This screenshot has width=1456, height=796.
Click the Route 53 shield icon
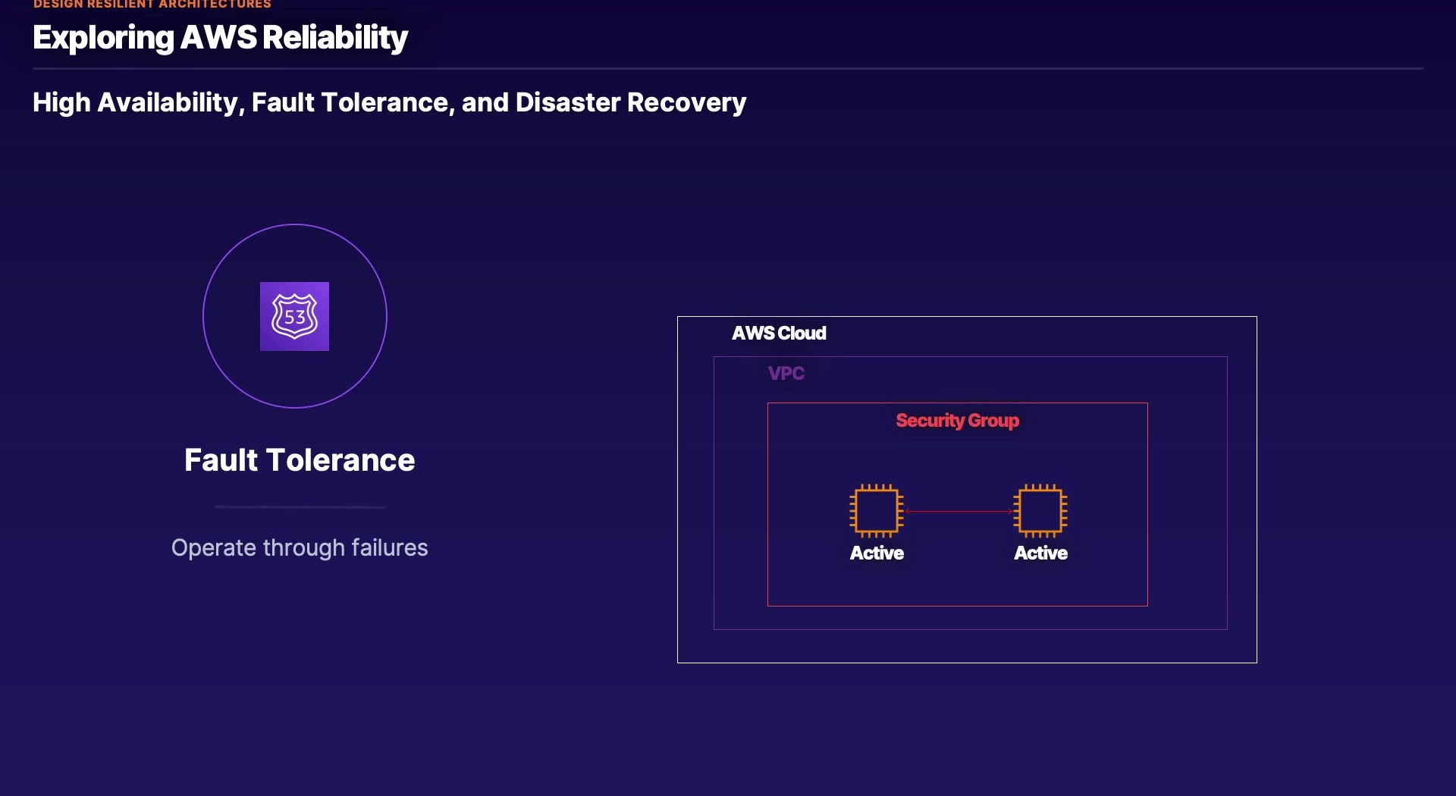click(294, 316)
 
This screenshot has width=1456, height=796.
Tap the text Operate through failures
click(300, 547)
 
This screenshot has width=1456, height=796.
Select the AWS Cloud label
click(779, 333)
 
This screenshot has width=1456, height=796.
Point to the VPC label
click(786, 373)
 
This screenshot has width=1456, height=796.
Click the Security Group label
click(958, 421)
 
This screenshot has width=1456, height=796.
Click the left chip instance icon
click(877, 511)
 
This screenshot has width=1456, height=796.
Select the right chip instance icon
click(1040, 511)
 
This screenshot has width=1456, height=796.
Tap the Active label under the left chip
click(877, 553)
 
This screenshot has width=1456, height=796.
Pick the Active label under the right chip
click(1041, 553)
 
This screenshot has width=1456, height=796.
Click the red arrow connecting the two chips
click(959, 512)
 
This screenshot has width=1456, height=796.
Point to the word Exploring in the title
click(103, 38)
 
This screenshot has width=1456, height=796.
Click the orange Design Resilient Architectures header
click(152, 4)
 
